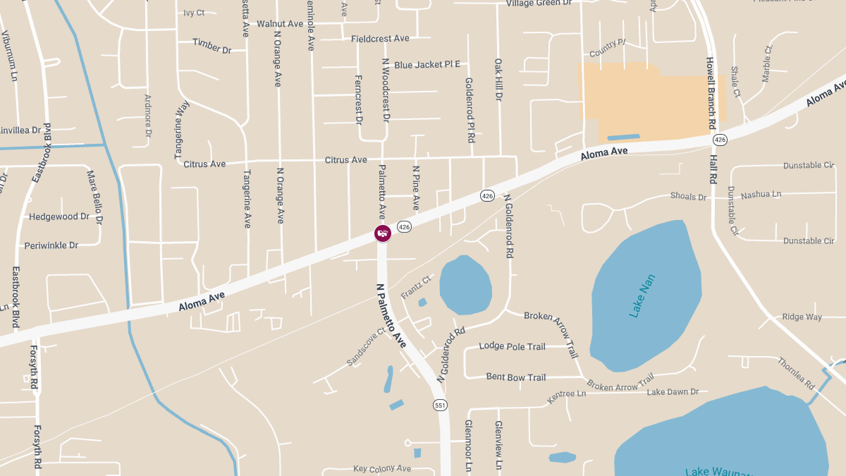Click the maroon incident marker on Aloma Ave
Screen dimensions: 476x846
tap(382, 233)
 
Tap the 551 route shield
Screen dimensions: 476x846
tap(440, 405)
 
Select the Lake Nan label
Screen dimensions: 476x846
tap(642, 295)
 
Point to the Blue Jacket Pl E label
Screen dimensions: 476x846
tap(427, 65)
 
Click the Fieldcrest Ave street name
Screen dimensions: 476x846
tap(380, 39)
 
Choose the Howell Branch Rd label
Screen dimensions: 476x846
tap(712, 88)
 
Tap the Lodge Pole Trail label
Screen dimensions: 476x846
tap(512, 346)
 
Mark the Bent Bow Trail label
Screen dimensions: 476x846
tap(516, 377)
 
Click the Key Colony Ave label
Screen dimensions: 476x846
tap(382, 468)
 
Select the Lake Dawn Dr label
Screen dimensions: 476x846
tap(673, 392)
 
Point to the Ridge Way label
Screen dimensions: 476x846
tap(802, 317)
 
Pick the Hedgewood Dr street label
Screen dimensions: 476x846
tap(59, 217)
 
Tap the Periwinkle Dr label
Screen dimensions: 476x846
tap(51, 245)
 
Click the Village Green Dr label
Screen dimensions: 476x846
tap(539, 4)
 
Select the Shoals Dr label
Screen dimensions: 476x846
tap(688, 197)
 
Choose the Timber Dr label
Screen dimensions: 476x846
tap(212, 46)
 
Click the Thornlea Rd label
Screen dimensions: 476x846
tap(796, 374)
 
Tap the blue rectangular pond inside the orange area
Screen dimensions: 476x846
tap(623, 137)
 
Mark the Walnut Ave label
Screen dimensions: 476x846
tap(280, 24)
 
